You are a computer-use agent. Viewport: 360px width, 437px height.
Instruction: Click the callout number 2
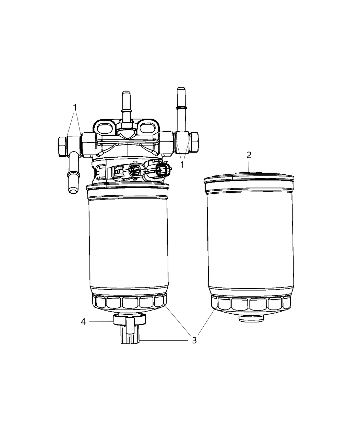(249, 155)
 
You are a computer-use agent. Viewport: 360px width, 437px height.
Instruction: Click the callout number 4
(83, 322)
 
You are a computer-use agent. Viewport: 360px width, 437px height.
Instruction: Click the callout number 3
(194, 340)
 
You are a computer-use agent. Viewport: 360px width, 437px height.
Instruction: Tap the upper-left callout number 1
(75, 108)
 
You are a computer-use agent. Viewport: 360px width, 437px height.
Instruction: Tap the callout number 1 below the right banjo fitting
(182, 165)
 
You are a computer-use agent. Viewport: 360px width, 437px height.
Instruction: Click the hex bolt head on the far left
(62, 147)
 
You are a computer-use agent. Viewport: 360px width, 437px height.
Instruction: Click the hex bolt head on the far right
(195, 142)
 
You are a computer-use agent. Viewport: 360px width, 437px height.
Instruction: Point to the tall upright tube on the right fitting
(181, 109)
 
